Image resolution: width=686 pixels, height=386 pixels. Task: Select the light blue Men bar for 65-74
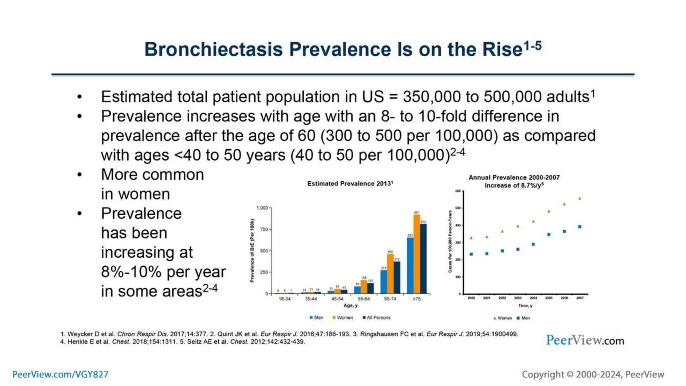[x=384, y=281]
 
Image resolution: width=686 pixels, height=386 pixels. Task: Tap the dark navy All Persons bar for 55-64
[x=370, y=288]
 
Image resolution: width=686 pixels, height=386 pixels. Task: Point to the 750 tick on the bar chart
[x=264, y=230]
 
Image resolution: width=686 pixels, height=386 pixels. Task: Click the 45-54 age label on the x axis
[x=337, y=299]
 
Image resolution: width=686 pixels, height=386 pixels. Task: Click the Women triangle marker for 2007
[x=580, y=199]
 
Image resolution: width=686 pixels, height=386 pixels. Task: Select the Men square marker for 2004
[x=533, y=245]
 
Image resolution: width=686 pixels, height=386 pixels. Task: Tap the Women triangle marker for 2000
[x=471, y=238]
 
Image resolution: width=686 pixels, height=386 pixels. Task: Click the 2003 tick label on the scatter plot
[x=518, y=298]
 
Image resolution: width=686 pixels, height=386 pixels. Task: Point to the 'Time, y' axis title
[x=525, y=306]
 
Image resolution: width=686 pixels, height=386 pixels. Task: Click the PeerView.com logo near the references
[x=585, y=340]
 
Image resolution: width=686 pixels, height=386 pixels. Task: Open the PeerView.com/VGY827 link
[x=60, y=374]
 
